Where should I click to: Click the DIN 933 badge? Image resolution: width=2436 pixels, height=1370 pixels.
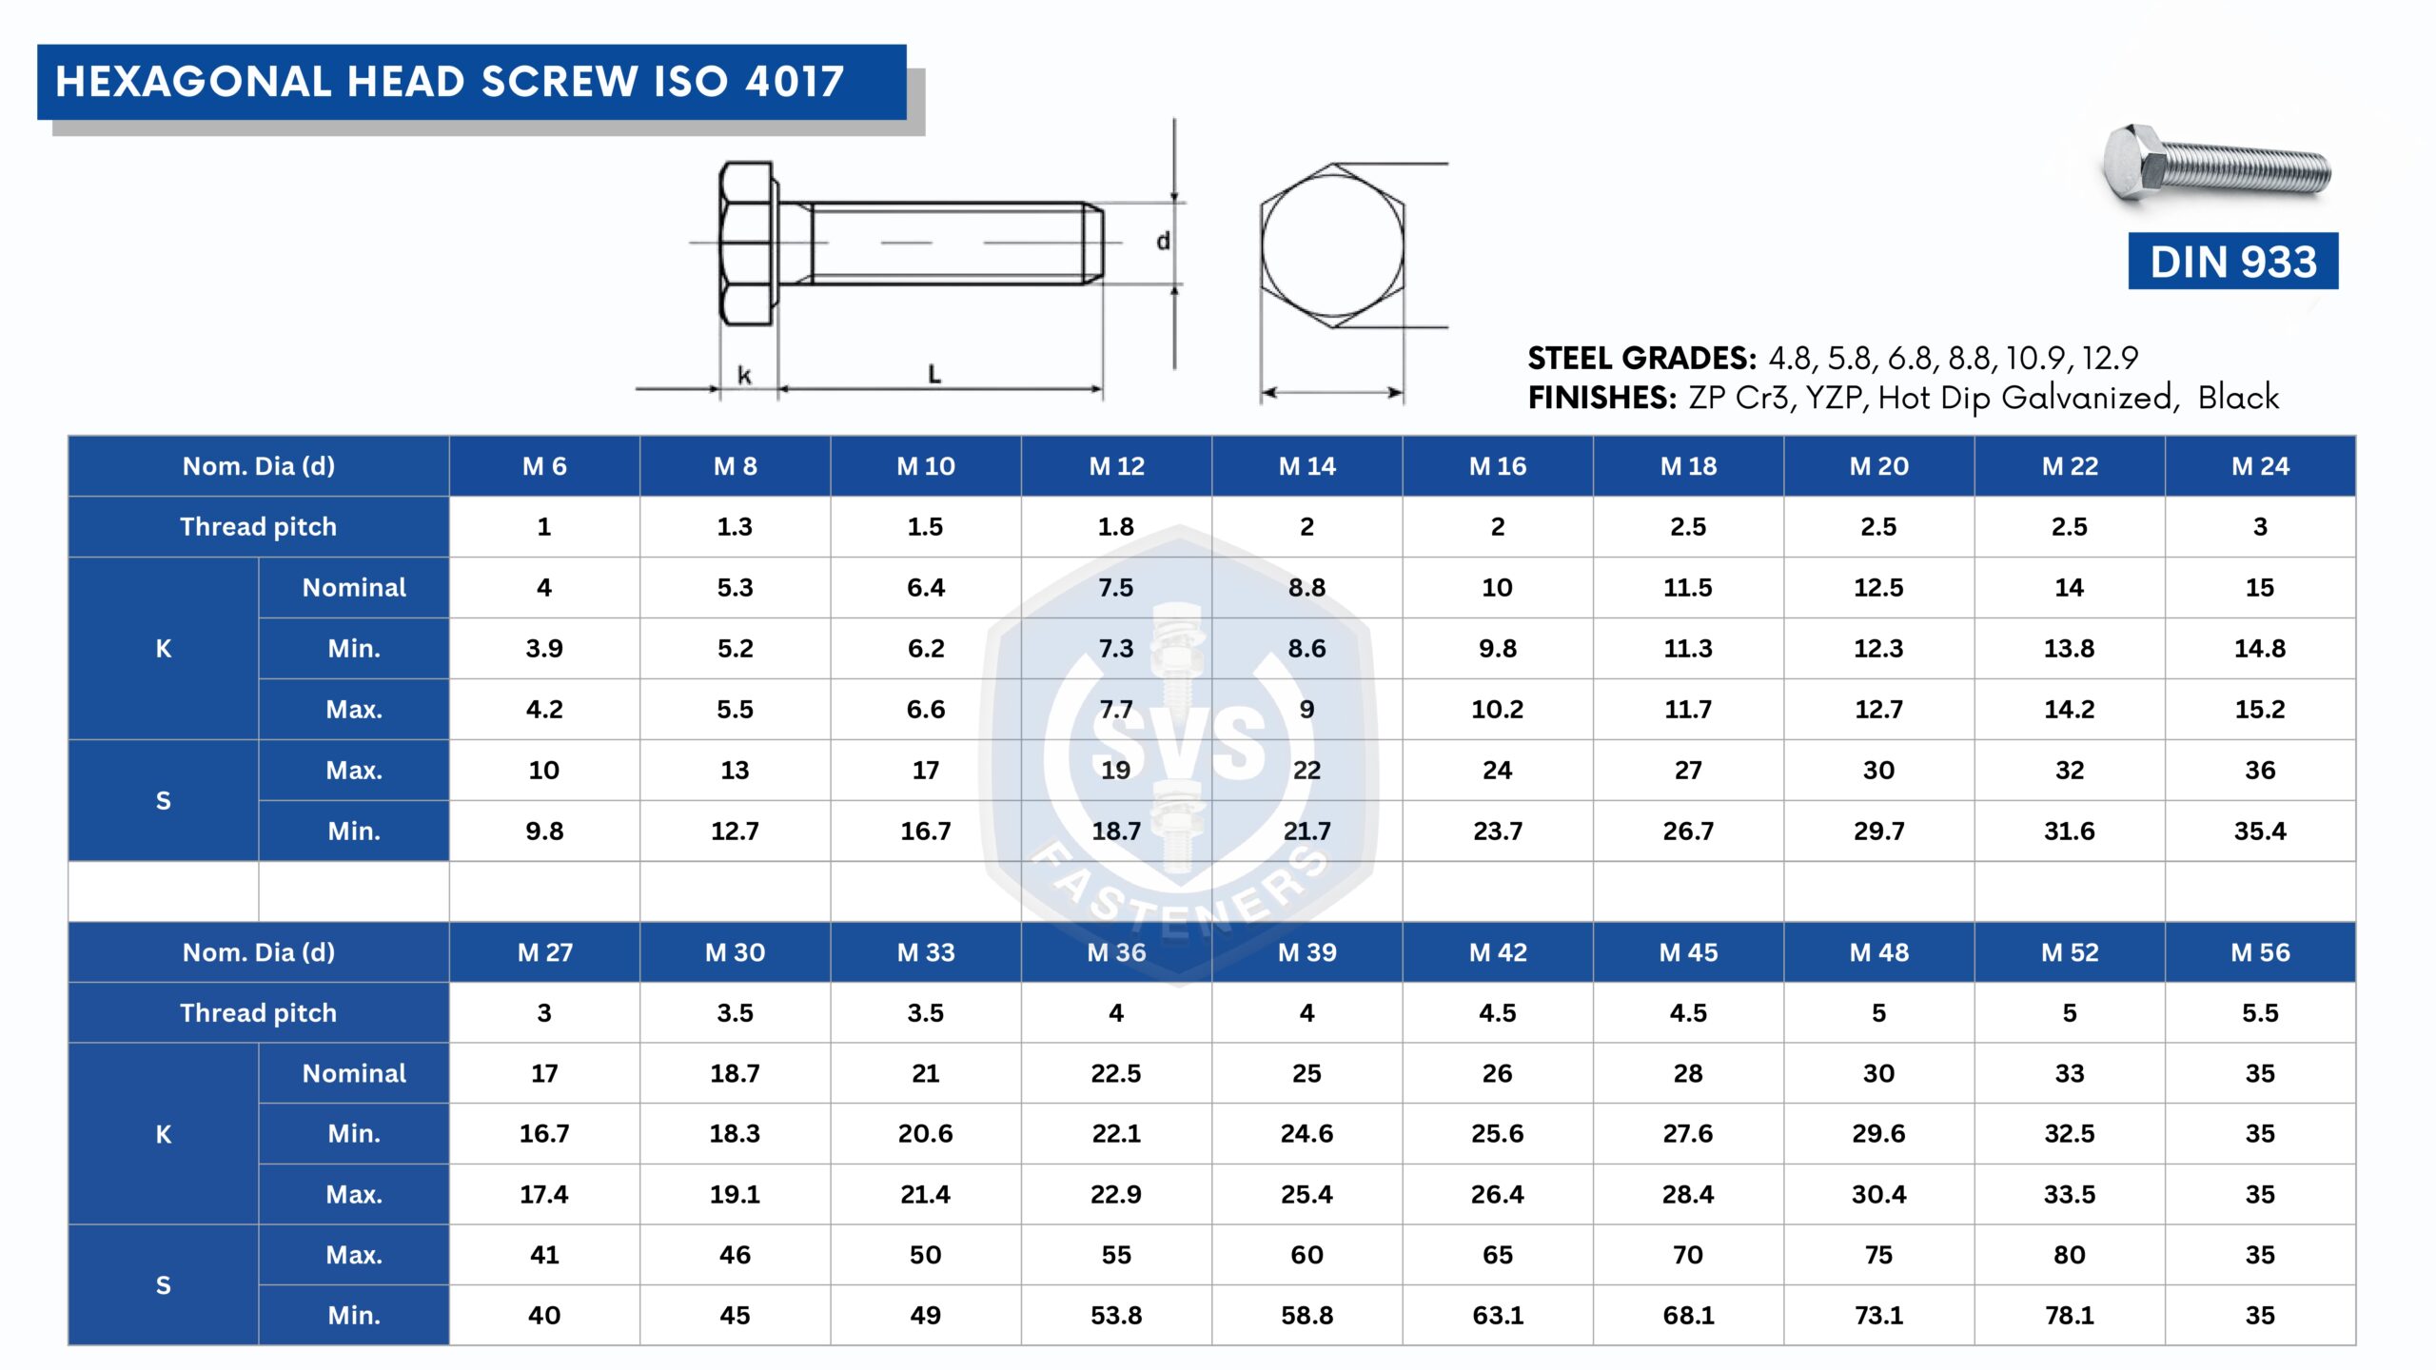[x=2232, y=261]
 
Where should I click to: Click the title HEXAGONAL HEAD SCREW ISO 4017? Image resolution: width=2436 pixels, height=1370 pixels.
[x=450, y=82]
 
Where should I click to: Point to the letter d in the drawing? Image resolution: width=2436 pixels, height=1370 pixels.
[x=1163, y=241]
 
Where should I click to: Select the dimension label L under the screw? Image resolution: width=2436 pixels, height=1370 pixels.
[x=934, y=374]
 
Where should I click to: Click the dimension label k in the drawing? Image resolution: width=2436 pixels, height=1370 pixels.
[x=744, y=375]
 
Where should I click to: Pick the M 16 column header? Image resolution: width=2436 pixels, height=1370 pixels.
[x=1497, y=466]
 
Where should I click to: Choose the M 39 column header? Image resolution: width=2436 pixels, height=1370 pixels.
[x=1306, y=952]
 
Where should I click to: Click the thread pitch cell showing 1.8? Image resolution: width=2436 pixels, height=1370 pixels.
[x=1116, y=526]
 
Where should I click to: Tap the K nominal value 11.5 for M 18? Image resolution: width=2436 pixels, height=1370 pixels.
[x=1687, y=587]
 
